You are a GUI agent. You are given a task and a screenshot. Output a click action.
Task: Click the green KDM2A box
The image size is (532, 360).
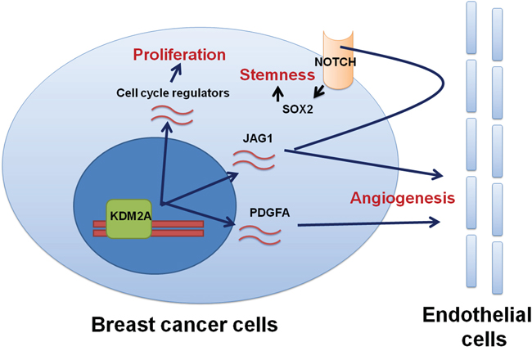coord(129,218)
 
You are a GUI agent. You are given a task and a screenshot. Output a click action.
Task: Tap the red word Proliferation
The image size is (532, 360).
coord(179,55)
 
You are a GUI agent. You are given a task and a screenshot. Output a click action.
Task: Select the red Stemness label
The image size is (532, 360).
coord(277,75)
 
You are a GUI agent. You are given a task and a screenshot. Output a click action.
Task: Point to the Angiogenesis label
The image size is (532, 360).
coord(403,198)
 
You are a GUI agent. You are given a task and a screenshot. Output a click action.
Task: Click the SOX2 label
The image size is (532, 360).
coord(298,109)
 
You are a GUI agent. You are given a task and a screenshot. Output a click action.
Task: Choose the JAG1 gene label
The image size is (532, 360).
coord(258,138)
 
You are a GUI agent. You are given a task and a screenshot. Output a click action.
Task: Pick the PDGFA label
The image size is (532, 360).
coord(270,213)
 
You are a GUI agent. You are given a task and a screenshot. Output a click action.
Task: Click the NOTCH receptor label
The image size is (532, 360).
coord(336,62)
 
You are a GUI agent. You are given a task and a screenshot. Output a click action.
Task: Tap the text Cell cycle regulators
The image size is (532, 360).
coord(173,93)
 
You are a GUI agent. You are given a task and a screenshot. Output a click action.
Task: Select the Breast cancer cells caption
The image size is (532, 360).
coord(185,324)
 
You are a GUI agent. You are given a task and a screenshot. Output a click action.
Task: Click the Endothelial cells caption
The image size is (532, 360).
coord(477,326)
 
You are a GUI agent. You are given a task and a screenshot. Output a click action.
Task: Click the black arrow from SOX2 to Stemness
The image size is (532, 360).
coord(278,93)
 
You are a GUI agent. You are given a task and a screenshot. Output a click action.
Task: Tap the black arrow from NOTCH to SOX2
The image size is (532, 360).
coord(319,92)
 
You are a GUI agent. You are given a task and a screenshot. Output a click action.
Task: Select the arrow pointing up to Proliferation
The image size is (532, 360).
coord(176,73)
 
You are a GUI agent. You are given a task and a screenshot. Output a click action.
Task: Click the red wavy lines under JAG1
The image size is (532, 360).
coord(254,160)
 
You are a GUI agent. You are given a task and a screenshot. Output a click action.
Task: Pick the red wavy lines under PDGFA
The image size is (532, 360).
coord(260,236)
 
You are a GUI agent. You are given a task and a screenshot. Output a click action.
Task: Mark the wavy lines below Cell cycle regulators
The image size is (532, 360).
coord(172,115)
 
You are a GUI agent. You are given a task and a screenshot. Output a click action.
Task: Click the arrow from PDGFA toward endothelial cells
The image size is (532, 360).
coord(368,223)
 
